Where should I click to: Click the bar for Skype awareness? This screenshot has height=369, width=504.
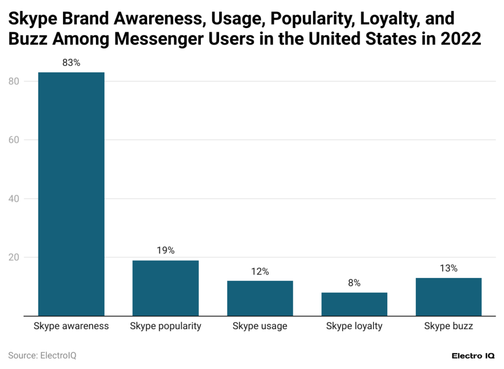click(71, 194)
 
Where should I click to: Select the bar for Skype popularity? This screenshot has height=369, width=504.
click(165, 288)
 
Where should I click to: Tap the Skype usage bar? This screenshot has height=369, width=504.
click(260, 298)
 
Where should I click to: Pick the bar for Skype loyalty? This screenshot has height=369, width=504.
click(354, 304)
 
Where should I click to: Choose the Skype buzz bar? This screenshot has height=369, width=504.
click(448, 297)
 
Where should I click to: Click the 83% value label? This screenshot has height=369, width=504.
click(71, 63)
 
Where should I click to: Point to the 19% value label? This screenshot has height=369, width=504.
click(165, 250)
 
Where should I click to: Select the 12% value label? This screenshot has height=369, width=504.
click(260, 272)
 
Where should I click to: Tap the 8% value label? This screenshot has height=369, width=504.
click(354, 283)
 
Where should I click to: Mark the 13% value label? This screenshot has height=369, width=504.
click(448, 268)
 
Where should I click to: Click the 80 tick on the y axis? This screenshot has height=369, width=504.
click(14, 81)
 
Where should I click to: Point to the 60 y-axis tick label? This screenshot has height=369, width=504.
click(14, 140)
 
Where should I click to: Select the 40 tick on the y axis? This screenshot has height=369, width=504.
click(14, 199)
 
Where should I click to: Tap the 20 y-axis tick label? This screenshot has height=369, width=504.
click(14, 257)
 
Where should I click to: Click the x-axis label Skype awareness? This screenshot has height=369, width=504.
click(71, 326)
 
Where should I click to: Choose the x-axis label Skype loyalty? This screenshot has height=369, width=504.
click(354, 326)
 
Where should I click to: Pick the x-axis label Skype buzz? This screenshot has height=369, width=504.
click(448, 326)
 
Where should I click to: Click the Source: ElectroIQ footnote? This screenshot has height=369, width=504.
click(42, 355)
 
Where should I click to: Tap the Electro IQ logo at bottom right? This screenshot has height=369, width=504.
click(473, 356)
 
